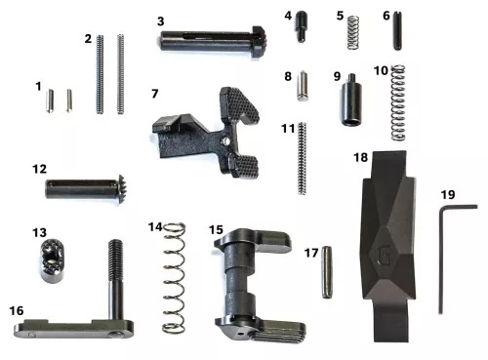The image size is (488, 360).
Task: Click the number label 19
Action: click(447, 194)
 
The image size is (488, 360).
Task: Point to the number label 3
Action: click(160, 20)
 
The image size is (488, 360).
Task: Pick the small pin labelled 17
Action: click(327, 275)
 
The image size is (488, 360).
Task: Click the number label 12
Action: click(39, 169)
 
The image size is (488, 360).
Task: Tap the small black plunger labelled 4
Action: click(303, 26)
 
